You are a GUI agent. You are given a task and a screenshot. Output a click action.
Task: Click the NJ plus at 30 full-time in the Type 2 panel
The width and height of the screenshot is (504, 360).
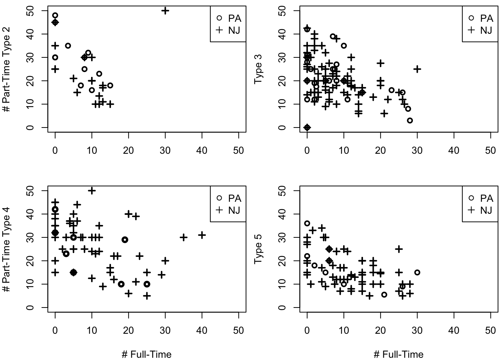pos(165,11)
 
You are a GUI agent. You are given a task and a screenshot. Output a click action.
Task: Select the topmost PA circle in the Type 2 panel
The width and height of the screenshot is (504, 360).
pos(55,15)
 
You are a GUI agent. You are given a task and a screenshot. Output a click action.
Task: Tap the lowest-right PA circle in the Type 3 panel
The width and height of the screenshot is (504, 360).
pos(410,120)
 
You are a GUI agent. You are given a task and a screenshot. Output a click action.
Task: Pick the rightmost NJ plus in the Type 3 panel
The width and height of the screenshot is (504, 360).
pos(417,69)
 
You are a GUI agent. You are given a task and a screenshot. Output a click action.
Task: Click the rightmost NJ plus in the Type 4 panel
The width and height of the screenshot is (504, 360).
pos(202,235)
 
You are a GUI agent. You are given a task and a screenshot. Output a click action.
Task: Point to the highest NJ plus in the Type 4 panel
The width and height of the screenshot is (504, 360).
pos(92,191)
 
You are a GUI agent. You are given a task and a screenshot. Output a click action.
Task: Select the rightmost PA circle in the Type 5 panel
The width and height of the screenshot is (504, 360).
pos(417,273)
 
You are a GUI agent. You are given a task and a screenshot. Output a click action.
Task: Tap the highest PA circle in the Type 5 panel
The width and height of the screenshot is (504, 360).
pos(307,223)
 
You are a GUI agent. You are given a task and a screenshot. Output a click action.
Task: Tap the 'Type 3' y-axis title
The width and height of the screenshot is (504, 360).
pos(259,69)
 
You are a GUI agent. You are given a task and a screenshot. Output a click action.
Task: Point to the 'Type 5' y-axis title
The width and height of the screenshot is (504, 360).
pos(259,249)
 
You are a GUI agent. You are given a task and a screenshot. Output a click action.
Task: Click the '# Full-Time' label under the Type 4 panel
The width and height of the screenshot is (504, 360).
pos(147,354)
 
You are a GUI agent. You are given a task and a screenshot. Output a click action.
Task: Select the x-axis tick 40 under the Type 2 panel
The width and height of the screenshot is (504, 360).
pos(202,151)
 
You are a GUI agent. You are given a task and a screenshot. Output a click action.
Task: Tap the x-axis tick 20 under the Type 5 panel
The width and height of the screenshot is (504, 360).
pos(380,330)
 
